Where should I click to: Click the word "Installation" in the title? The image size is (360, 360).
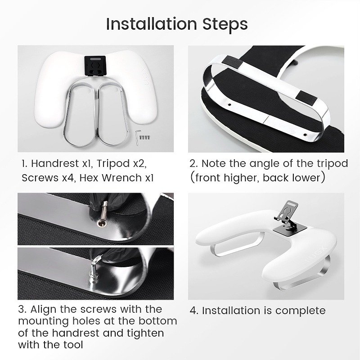click(152, 24)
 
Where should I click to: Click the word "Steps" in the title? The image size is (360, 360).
click(225, 24)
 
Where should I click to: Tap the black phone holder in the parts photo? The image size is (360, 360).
click(95, 66)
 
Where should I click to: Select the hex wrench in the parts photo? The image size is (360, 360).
click(137, 138)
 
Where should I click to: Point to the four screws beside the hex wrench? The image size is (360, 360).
click(145, 138)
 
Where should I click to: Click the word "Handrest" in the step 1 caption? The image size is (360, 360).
click(55, 163)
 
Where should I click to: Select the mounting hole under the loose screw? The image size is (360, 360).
click(102, 223)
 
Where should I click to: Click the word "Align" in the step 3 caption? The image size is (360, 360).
click(43, 310)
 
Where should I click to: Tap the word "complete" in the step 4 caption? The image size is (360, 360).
click(300, 311)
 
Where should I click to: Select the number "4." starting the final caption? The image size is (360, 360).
click(194, 311)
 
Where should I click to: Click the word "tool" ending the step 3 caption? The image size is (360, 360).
click(73, 345)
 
